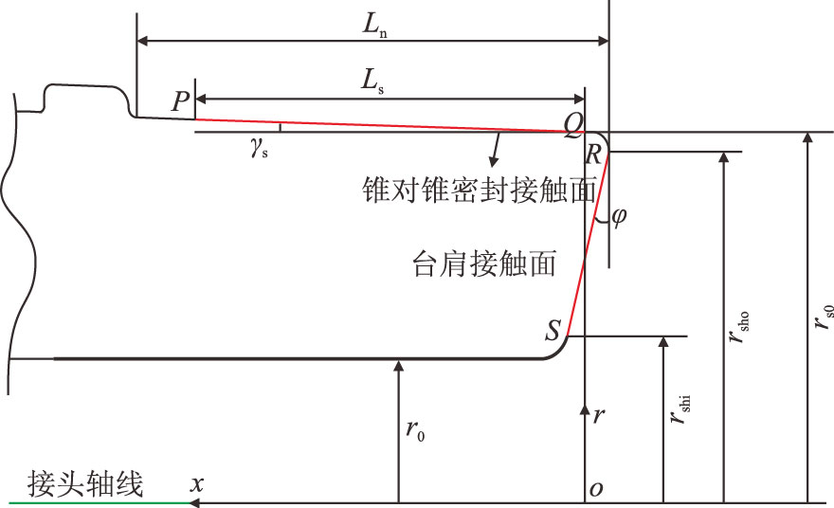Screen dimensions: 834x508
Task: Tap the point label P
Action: pyautogui.click(x=181, y=102)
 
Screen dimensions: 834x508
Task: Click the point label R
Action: pyautogui.click(x=592, y=154)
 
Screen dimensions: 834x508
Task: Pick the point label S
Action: pyautogui.click(x=553, y=330)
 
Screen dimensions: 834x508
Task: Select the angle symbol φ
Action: pyautogui.click(x=619, y=216)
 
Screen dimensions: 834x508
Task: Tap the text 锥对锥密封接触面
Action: pyautogui.click(x=479, y=190)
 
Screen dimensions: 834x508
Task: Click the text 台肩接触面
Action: pyautogui.click(x=485, y=263)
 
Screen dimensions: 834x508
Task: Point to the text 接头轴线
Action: pyautogui.click(x=86, y=485)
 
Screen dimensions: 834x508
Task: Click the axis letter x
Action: pyautogui.click(x=197, y=483)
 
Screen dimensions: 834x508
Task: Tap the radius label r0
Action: pyautogui.click(x=414, y=429)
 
